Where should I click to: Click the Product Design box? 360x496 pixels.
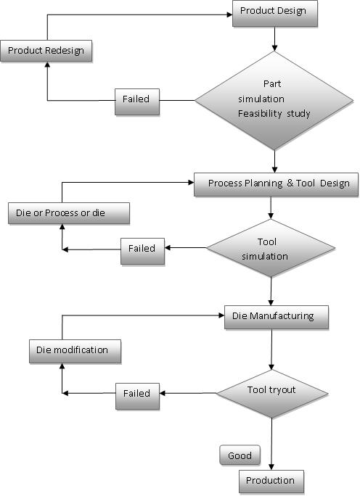click(275, 13)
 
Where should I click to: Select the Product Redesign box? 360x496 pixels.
click(46, 51)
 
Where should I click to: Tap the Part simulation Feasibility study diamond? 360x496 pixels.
click(274, 101)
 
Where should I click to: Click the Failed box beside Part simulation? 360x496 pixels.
click(137, 102)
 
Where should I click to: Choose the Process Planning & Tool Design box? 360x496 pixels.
click(276, 185)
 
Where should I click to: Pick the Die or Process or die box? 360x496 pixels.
click(69, 213)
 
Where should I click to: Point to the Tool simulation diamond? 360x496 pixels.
click(271, 248)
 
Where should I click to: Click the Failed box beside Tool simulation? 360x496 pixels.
click(142, 251)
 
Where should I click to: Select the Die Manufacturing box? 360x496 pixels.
click(277, 318)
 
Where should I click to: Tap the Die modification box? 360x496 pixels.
click(75, 352)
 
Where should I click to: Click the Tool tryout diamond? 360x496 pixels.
click(272, 394)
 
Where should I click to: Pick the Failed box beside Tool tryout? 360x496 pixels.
click(137, 397)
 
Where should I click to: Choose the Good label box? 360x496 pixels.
click(240, 455)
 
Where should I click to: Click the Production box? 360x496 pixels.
click(271, 481)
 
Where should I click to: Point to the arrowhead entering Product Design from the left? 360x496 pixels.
click(230, 15)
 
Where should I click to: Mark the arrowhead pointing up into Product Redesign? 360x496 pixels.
click(47, 65)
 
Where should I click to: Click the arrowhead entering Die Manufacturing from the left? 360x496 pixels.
click(221, 315)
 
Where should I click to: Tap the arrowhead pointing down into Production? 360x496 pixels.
click(271, 467)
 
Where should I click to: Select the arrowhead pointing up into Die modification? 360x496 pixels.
click(62, 366)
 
